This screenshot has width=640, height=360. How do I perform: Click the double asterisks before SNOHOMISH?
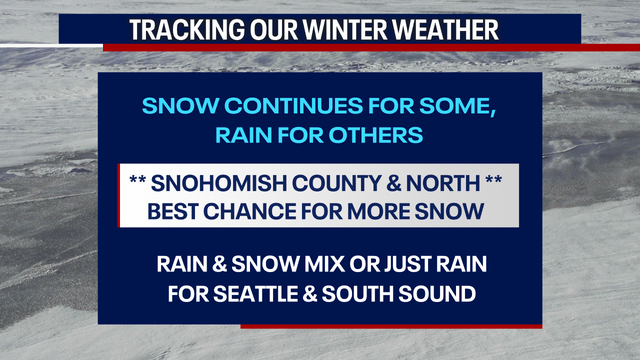(x=139, y=184)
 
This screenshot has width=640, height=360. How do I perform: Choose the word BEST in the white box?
(x=175, y=211)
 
